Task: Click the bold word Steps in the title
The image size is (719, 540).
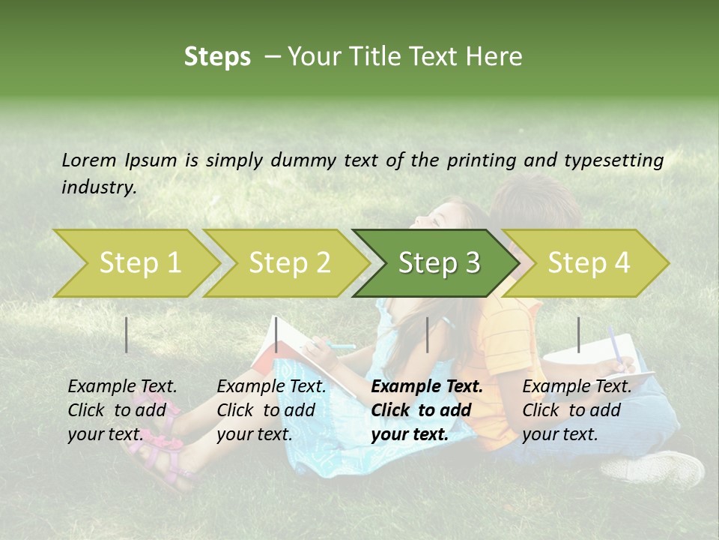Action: click(x=217, y=57)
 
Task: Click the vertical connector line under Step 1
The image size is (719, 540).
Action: click(x=127, y=334)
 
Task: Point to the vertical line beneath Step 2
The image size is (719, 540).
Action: click(x=276, y=334)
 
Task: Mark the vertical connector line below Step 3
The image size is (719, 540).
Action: click(x=427, y=334)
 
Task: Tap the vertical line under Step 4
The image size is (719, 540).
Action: click(x=578, y=334)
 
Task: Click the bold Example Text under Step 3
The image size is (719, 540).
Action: click(x=427, y=409)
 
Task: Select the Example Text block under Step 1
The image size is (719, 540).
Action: click(x=122, y=409)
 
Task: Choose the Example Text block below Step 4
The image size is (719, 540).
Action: click(x=577, y=409)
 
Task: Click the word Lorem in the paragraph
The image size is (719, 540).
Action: click(x=89, y=160)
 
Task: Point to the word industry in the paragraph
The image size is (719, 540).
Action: click(x=99, y=187)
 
